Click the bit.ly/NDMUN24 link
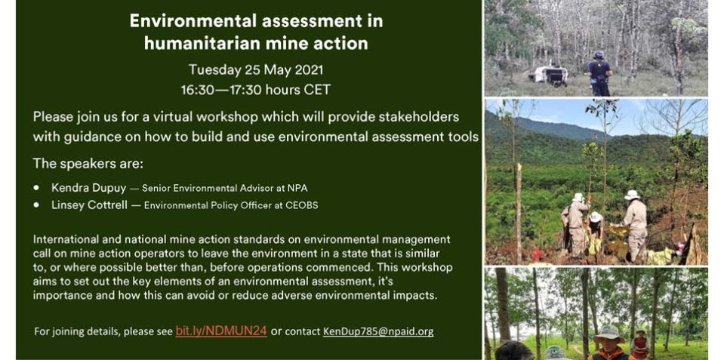point(221,331)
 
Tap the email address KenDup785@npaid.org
point(378,331)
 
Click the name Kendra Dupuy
point(89,188)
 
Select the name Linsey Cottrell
point(89,205)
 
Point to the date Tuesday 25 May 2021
point(256,70)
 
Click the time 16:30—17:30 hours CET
point(256,90)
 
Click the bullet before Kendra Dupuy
point(36,188)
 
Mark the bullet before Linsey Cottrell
point(36,205)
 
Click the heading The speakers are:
point(88,164)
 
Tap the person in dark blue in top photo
point(599,73)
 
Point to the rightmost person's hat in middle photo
point(632,195)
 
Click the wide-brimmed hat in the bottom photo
point(609,334)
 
